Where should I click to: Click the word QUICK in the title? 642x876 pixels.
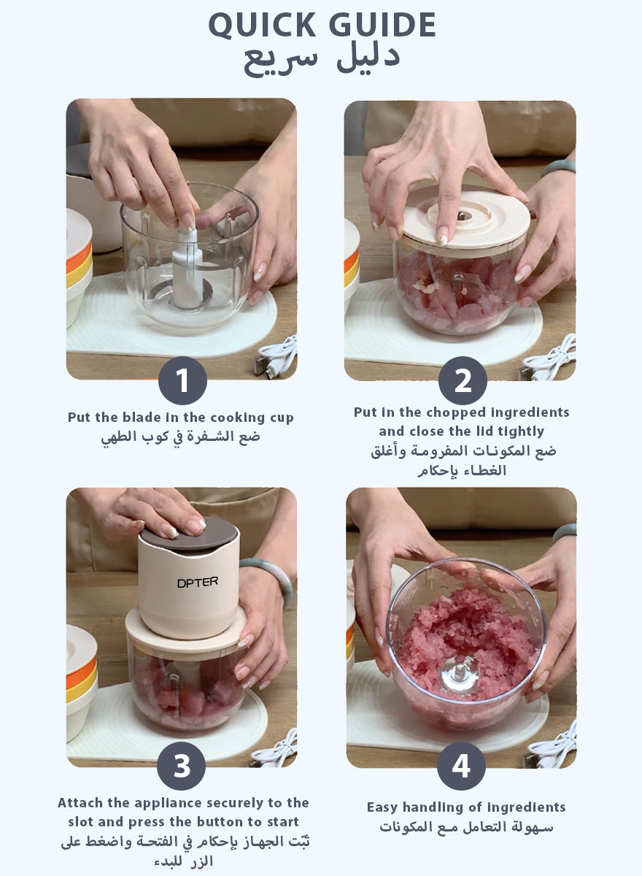pos(262,26)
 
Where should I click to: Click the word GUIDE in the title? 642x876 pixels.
pos(382,25)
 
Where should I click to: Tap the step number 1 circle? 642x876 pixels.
pos(182,380)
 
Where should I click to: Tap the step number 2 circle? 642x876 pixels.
pos(463,380)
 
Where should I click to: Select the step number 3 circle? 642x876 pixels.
pos(182,766)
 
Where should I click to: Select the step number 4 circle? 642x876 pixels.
pos(462,766)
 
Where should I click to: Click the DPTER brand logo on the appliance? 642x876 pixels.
pos(197,583)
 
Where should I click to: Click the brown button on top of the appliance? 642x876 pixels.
pos(189,534)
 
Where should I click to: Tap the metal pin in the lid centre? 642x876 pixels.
pos(462,215)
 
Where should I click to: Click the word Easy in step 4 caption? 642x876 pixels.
pos(382,808)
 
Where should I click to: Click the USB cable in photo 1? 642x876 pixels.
pos(276,357)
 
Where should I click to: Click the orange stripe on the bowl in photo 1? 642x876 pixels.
pos(80,258)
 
